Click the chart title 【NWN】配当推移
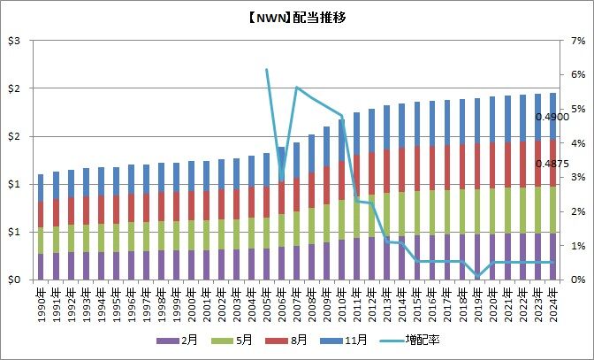[x=298, y=17]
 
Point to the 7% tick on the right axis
[x=575, y=42]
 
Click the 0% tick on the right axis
[x=575, y=280]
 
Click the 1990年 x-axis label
[x=41, y=301]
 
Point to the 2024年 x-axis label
[x=552, y=301]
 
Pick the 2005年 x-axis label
[x=267, y=301]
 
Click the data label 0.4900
[x=552, y=117]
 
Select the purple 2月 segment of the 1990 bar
[x=41, y=267]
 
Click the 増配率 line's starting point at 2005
[x=267, y=69]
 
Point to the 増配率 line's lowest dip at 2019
[x=477, y=277]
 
